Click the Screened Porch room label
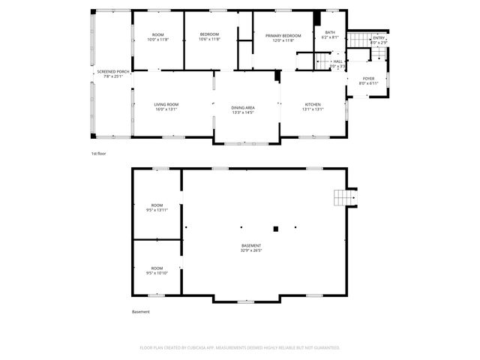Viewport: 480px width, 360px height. click(112, 73)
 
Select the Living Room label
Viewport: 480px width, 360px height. click(166, 106)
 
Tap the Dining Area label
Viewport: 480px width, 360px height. click(242, 109)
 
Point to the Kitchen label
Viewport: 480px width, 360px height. click(313, 106)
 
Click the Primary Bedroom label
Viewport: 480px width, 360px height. click(283, 37)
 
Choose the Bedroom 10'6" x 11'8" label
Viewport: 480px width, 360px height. click(209, 37)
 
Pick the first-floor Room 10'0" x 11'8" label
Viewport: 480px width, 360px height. click(157, 37)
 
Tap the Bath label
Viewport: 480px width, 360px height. click(330, 34)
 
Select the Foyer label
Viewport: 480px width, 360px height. click(368, 80)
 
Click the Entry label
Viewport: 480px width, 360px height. click(379, 40)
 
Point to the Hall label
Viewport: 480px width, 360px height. click(337, 64)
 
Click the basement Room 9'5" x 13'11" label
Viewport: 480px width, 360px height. click(157, 208)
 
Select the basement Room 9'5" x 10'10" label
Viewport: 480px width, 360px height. click(157, 270)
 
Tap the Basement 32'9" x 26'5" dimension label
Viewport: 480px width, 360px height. click(251, 248)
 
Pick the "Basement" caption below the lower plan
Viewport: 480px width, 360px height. click(141, 312)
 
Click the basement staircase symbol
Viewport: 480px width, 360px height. click(344, 197)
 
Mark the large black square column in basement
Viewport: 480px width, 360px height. click(276, 228)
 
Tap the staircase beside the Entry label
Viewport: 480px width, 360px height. click(361, 39)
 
